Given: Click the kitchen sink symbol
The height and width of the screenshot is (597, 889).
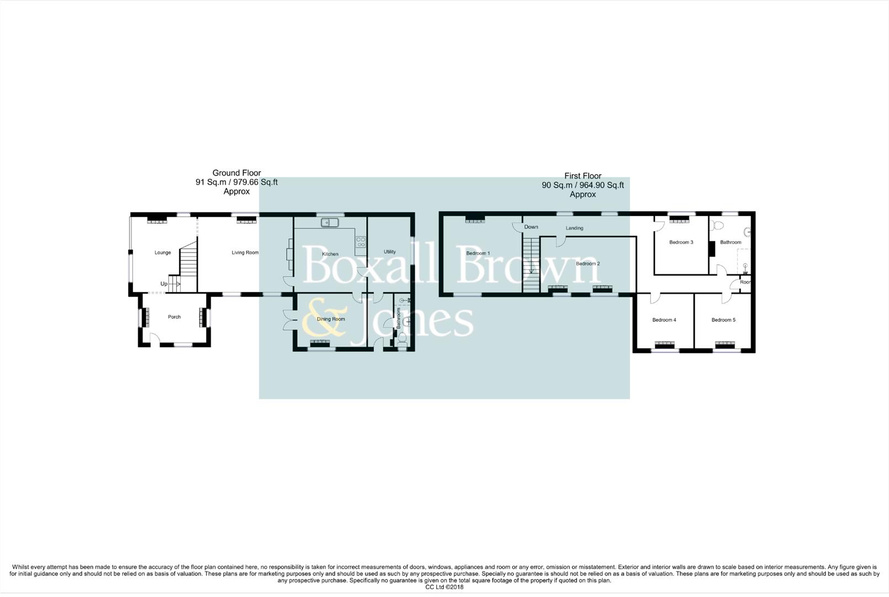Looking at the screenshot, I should coord(330,223).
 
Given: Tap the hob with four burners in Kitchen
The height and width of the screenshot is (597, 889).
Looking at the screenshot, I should coord(361,242).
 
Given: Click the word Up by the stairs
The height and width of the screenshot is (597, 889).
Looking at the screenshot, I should coord(164,284).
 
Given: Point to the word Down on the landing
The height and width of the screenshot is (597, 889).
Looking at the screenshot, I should coord(531,227).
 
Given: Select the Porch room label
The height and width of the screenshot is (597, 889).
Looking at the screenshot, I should coord(174,317).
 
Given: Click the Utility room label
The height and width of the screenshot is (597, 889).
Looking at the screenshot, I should coord(389,252).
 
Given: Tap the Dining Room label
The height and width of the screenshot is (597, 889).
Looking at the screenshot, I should coord(331,320).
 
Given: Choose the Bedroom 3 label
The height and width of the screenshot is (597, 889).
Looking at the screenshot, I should coord(681,243).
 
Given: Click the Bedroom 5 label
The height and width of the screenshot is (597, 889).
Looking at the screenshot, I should coord(723,320).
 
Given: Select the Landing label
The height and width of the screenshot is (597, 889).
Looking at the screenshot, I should coord(574,228).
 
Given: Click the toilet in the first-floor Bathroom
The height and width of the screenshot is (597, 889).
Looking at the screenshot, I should coord(718,225).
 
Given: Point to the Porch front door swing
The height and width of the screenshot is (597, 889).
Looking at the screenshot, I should coord(155,339).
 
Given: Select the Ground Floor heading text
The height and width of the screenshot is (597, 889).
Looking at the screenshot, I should coord(236,173).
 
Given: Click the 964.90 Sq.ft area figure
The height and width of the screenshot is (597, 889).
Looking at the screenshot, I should coord(602,186).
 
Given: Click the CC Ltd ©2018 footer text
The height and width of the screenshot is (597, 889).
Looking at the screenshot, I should coord(444,587).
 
